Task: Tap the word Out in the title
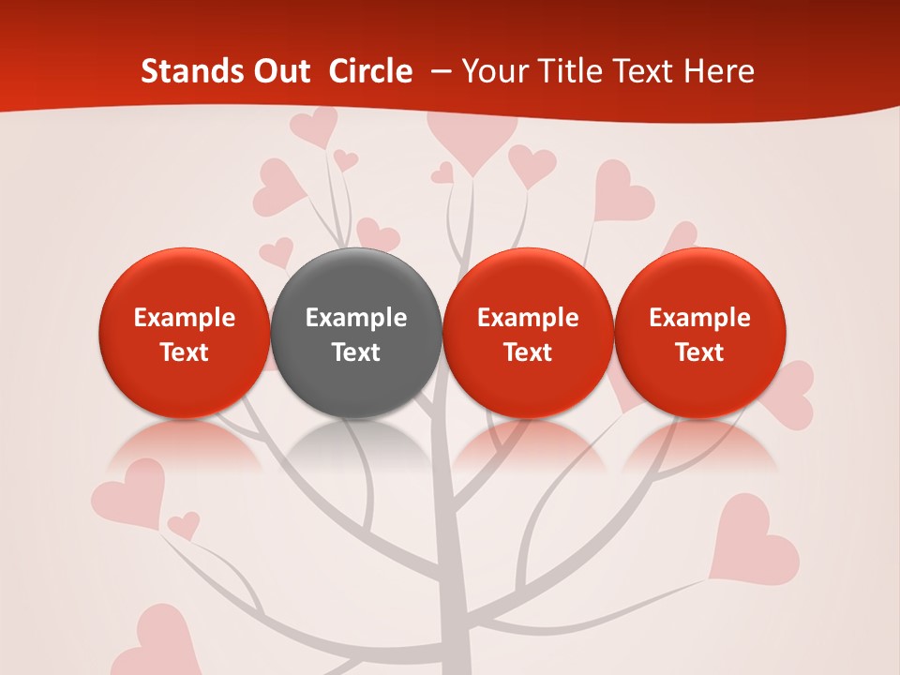279,71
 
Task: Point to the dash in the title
438,71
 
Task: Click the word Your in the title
492,71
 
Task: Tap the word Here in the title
719,71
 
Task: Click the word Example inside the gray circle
356,318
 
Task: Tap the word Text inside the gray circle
356,352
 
